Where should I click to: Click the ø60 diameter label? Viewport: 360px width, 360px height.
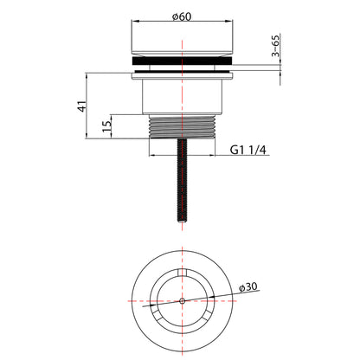pyautogui.click(x=182, y=16)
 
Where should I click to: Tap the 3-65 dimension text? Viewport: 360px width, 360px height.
pyautogui.click(x=276, y=46)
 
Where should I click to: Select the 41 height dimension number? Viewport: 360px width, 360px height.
pyautogui.click(x=82, y=106)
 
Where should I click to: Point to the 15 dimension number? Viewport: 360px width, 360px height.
pyautogui.click(x=106, y=126)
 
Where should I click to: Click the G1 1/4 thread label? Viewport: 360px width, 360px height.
pyautogui.click(x=248, y=150)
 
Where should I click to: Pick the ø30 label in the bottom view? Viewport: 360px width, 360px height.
pyautogui.click(x=248, y=287)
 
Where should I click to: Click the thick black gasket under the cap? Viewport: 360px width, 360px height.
pyautogui.click(x=182, y=61)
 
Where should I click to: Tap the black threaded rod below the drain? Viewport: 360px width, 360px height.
pyautogui.click(x=182, y=180)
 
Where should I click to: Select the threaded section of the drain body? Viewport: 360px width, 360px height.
pyautogui.click(x=182, y=126)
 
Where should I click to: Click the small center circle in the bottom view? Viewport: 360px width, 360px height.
pyautogui.click(x=182, y=301)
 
